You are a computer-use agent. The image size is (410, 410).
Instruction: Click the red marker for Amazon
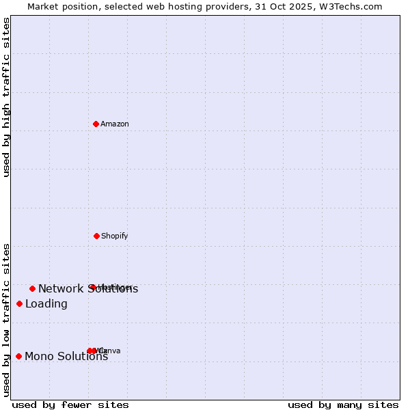pos(96,124)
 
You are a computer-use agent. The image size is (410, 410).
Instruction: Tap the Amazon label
pos(115,124)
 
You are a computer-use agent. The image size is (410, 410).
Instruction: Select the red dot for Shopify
pos(96,236)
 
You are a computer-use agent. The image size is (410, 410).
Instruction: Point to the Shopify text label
pos(115,236)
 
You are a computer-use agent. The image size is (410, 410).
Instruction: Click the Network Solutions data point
pos(32,288)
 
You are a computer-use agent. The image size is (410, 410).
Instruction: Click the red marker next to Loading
pos(19,303)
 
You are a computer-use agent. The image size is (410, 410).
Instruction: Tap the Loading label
pos(46,304)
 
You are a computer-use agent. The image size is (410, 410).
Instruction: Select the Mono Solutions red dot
pos(18,356)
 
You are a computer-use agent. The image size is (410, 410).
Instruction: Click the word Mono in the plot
pos(39,356)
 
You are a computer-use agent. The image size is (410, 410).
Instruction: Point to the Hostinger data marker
pos(92,287)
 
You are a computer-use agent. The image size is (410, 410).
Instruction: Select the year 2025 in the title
pos(310,6)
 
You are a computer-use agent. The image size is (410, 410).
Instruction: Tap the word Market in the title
pos(43,6)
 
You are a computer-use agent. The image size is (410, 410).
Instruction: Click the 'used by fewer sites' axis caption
pos(70,405)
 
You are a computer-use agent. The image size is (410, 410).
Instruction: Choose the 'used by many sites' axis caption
pos(343,405)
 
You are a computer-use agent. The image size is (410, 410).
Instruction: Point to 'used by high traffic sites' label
pos(6,97)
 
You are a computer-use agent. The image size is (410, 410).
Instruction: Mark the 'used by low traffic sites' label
pos(6,320)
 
